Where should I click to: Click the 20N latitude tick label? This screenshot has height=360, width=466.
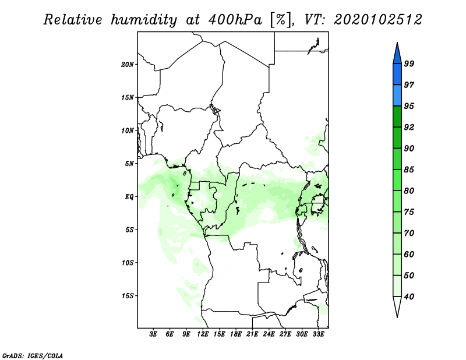(128, 65)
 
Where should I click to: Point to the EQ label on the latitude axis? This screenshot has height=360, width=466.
(129, 197)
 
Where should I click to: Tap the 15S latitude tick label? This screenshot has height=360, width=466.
(128, 296)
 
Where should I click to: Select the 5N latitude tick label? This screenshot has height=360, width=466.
(129, 164)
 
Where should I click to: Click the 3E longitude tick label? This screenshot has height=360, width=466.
(153, 334)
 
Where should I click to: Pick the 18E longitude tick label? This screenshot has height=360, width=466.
(235, 334)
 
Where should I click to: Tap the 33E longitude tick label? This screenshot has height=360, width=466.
(318, 334)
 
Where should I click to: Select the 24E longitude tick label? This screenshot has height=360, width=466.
(269, 334)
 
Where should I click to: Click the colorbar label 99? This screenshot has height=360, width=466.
(409, 63)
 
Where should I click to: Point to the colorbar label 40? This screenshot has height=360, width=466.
(409, 297)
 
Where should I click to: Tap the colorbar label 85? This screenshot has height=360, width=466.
(409, 170)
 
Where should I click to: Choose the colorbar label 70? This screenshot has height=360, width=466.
(409, 233)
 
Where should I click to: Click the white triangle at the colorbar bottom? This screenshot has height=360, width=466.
(397, 305)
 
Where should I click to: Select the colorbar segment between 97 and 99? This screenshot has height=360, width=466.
(397, 75)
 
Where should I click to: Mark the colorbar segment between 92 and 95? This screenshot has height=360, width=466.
(397, 117)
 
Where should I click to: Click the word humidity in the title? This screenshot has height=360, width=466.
(144, 20)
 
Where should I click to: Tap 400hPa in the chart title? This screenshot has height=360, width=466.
(235, 20)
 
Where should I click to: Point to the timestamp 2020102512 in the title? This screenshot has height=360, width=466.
(377, 20)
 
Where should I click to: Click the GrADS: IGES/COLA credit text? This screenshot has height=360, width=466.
(33, 356)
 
